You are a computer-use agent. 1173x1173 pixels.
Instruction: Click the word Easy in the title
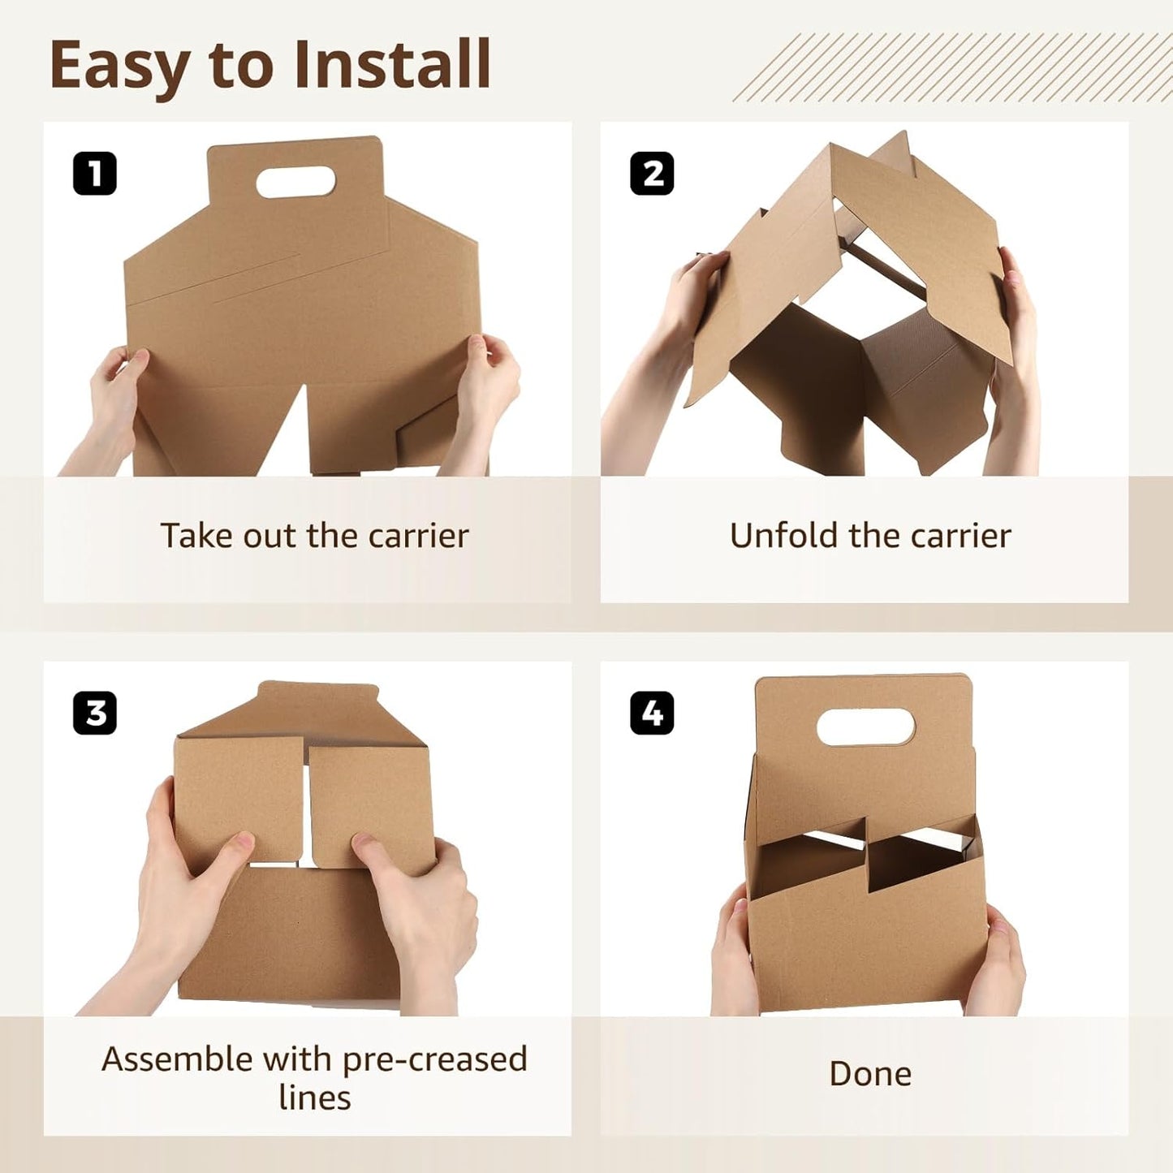click(119, 65)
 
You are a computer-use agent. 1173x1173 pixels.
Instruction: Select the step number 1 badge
click(95, 174)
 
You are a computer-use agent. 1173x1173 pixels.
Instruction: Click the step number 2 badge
click(652, 174)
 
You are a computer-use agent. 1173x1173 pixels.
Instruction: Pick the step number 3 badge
click(95, 714)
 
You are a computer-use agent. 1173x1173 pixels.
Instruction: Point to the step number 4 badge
click(652, 714)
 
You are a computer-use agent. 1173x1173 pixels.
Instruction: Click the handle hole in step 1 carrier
click(295, 182)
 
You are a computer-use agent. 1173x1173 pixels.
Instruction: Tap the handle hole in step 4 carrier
click(866, 727)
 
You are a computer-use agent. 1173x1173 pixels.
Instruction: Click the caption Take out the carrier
click(314, 536)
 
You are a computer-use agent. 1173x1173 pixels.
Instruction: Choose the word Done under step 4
click(870, 1074)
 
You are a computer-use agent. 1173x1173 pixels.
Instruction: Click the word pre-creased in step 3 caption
click(434, 1059)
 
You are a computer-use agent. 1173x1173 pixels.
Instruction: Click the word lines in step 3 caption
click(314, 1098)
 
